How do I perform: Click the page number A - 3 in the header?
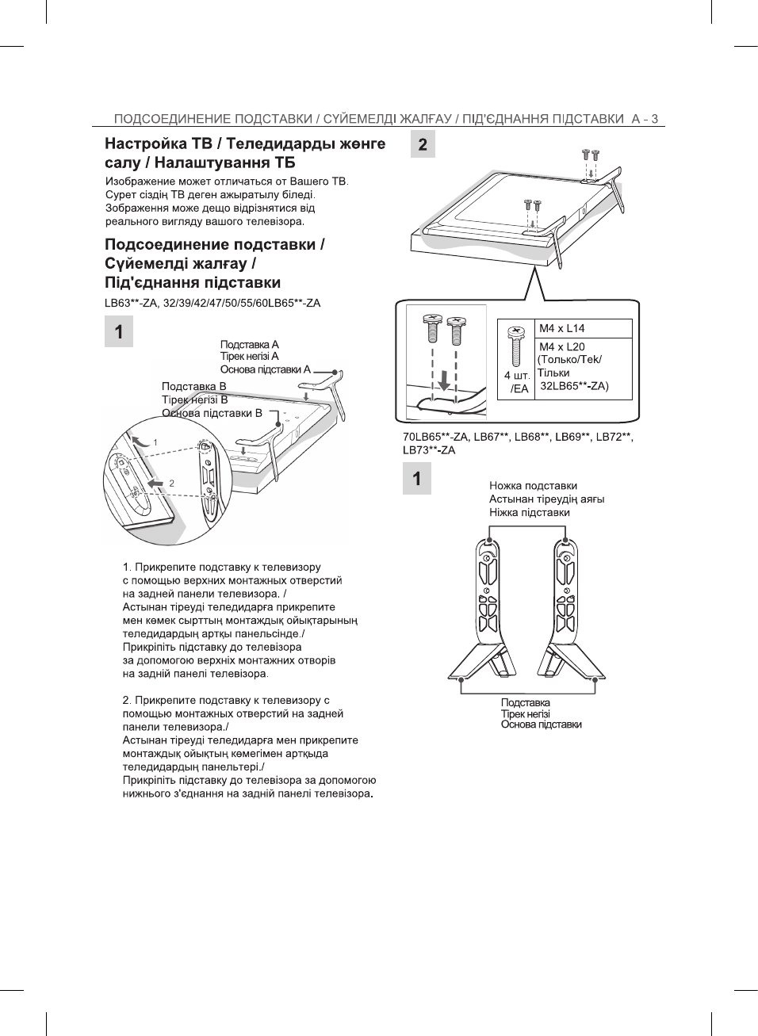click(645, 119)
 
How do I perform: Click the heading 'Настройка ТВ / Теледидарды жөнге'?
click(245, 143)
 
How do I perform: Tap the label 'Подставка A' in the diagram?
click(249, 345)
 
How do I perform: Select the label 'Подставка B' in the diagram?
click(193, 387)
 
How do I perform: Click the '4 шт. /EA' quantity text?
click(517, 382)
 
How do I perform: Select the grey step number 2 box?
click(423, 144)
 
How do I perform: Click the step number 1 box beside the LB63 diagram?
click(119, 331)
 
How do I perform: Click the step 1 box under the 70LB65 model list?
click(416, 479)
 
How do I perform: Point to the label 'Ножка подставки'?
click(533, 486)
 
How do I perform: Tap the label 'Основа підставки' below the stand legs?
click(541, 724)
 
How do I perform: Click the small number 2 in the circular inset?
click(171, 483)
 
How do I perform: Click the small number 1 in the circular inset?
click(155, 443)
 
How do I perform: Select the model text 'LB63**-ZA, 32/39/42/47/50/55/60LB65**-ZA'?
click(212, 303)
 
